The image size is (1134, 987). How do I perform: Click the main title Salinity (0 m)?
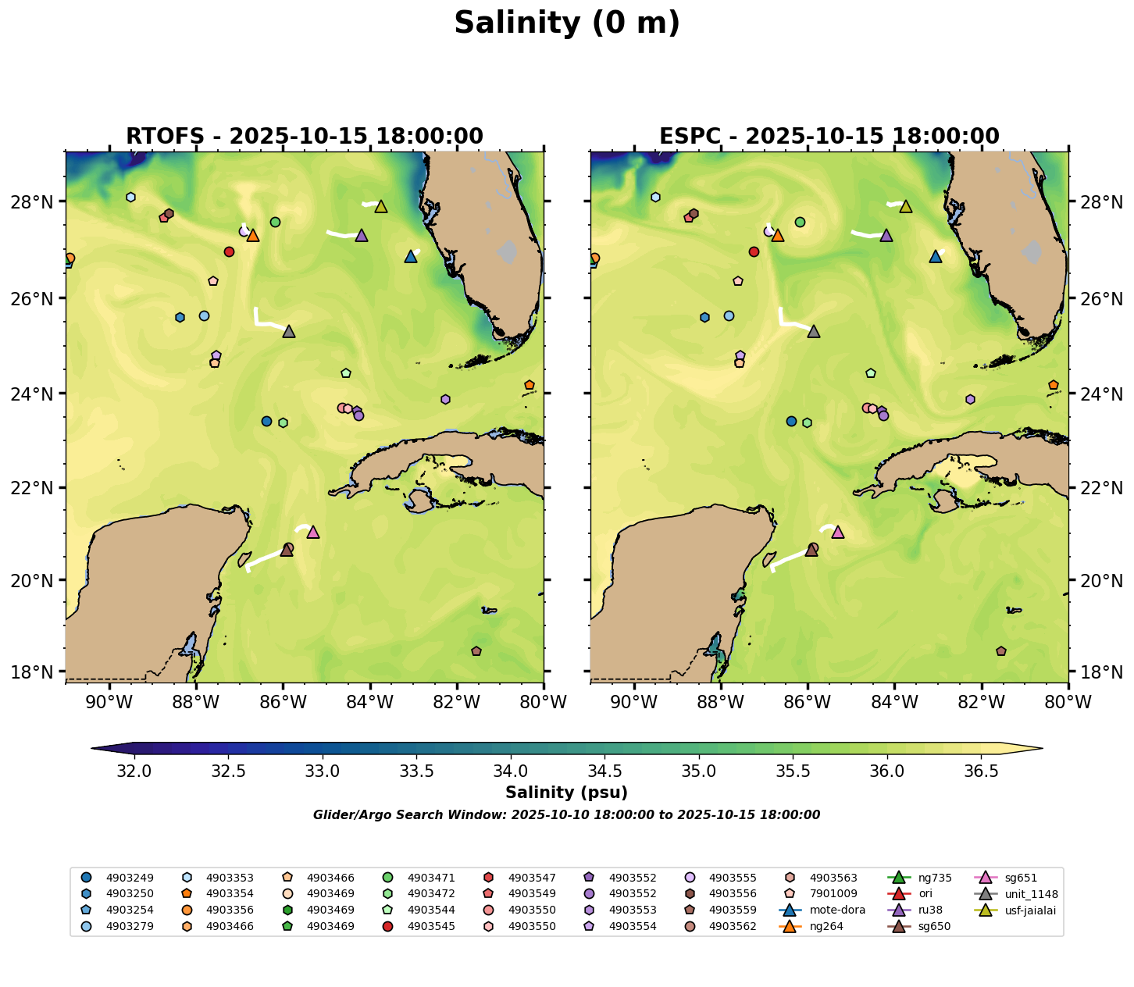pos(567,23)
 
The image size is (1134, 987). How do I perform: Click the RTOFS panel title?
pos(305,137)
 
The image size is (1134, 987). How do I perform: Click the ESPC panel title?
pos(829,137)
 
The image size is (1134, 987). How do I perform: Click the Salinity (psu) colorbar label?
pos(566,793)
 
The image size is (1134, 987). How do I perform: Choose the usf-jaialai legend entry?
pos(1030,910)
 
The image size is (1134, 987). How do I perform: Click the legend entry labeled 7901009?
pos(833,893)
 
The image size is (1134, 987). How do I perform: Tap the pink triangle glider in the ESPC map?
pos(838,533)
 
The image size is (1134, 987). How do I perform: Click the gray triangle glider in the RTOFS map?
pos(289,332)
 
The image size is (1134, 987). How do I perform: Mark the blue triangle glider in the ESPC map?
pos(936,257)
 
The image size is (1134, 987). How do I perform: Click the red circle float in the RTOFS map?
pos(229,251)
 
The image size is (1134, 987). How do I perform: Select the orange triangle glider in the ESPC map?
pos(777,236)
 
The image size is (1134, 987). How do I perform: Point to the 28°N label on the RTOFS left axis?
pos(37,202)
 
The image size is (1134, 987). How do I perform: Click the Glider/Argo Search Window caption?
pos(566,815)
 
